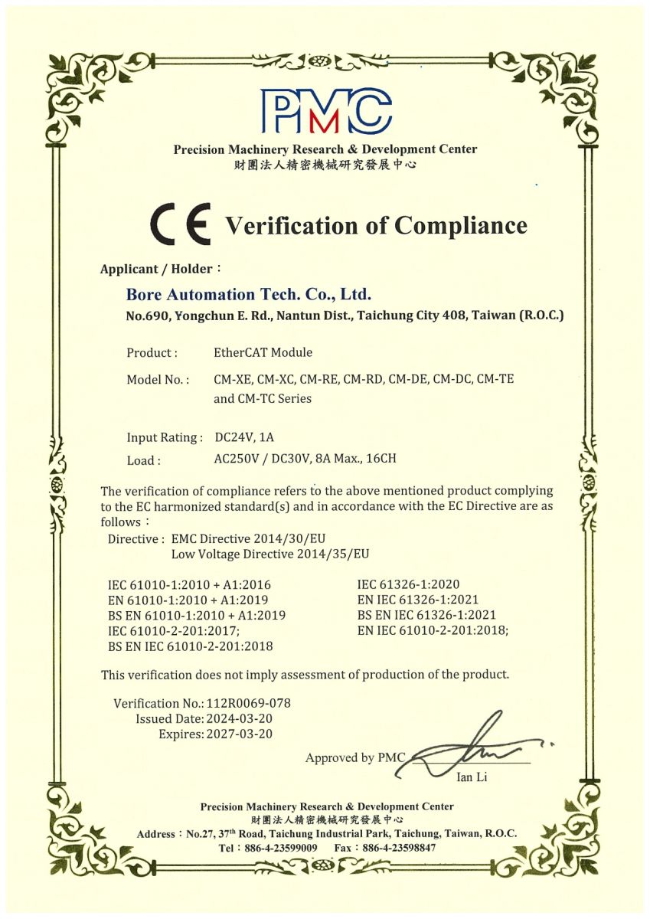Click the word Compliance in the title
point(461,226)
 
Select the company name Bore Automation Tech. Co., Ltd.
point(249,294)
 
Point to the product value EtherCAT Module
point(263,352)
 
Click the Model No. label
point(158,379)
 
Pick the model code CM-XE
point(232,379)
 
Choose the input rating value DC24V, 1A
point(244,437)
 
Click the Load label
point(144,460)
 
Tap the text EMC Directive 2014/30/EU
point(253,538)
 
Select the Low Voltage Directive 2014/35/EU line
point(270,554)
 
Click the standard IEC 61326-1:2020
point(407,584)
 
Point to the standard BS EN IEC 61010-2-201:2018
point(191,646)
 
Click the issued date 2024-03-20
point(240,718)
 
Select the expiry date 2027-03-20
point(240,734)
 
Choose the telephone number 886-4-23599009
point(279,848)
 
